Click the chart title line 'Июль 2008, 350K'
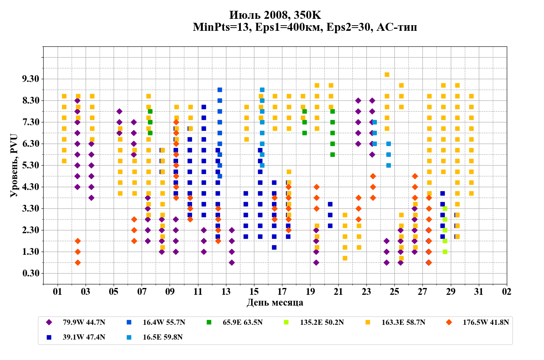(275, 15)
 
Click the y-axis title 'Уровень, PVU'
(14, 166)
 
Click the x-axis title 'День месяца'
(275, 302)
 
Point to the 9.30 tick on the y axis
(30, 79)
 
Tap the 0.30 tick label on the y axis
(30, 273)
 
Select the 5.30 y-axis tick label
(30, 165)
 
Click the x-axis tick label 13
(226, 292)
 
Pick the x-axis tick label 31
(479, 292)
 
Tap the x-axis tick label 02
(507, 292)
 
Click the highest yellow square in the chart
(387, 74)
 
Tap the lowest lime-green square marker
(445, 252)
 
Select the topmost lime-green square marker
(445, 208)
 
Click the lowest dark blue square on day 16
(274, 247)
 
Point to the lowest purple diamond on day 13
(232, 262)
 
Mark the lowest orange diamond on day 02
(78, 262)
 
